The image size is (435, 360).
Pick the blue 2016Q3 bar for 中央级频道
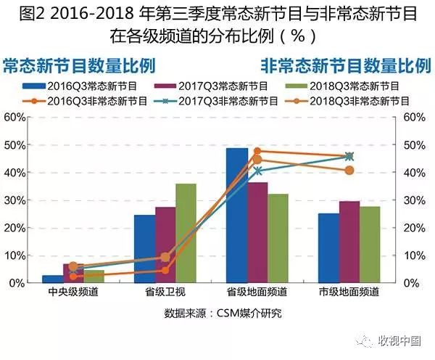pos(52,279)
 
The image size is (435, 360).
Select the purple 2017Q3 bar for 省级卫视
pos(165,245)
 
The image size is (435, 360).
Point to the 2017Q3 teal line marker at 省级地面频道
pos(257,171)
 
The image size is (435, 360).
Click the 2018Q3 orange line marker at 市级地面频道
pos(349,171)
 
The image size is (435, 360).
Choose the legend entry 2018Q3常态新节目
pos(340,86)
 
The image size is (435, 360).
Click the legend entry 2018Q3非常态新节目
pos(340,101)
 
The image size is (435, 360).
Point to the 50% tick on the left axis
pos(14,144)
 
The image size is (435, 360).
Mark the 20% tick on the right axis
pos(413,227)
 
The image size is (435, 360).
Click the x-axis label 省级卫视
pos(165,292)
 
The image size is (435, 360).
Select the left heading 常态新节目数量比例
pos(80,65)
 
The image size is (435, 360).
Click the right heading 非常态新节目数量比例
pos(345,65)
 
